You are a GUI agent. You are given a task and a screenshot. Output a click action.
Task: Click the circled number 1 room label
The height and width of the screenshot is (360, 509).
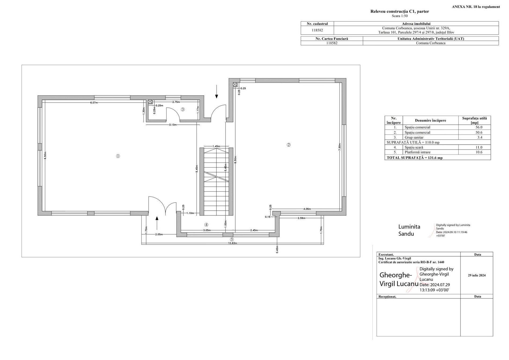[118, 156]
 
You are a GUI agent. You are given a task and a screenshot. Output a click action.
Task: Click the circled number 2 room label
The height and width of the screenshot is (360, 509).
[289, 145]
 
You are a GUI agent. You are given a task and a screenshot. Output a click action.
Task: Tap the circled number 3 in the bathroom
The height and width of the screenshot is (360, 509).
[183, 109]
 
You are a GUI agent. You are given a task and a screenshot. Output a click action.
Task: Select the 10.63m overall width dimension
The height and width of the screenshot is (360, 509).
[233, 243]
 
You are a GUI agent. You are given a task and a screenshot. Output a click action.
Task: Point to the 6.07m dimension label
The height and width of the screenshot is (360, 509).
[94, 103]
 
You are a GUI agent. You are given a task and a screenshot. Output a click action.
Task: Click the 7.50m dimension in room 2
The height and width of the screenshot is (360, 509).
[340, 147]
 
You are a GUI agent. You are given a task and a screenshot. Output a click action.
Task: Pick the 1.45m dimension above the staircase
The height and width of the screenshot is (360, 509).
[216, 146]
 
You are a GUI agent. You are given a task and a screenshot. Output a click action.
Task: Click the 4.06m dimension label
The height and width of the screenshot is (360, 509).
[307, 209]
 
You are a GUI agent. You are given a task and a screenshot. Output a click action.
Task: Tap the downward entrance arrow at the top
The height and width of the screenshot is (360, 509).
[216, 92]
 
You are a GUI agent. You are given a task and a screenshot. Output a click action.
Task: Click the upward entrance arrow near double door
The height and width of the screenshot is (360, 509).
[157, 223]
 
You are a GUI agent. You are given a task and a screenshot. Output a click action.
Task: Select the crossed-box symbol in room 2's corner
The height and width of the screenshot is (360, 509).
[235, 85]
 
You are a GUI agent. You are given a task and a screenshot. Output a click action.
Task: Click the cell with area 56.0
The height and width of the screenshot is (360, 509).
[474, 127]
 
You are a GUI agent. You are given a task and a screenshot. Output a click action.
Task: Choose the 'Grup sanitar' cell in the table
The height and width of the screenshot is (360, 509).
[431, 137]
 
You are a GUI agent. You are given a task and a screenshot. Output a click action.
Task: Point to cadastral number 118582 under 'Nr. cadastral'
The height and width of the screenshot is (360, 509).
[317, 30]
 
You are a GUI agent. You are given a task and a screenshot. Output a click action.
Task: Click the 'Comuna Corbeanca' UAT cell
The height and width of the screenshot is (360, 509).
[431, 43]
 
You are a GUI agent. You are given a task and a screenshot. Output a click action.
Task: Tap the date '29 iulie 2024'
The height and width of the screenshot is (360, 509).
[477, 275]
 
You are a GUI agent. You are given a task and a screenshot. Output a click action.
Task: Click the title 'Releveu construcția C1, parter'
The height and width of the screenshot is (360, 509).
[400, 12]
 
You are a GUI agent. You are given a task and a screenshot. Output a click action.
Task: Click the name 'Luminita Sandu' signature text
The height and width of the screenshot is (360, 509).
[409, 230]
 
